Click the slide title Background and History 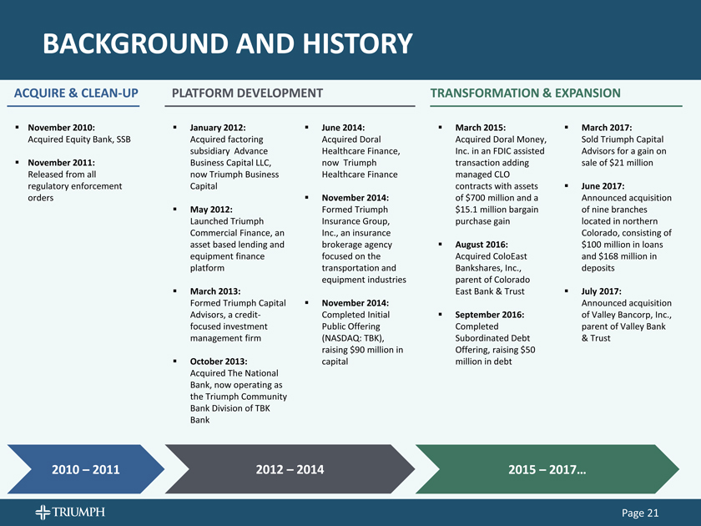(228, 43)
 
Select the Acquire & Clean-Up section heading (76, 93)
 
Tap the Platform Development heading (247, 93)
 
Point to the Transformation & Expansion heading (525, 93)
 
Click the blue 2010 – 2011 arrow (86, 469)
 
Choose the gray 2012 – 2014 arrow (290, 469)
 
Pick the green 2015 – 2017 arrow (547, 469)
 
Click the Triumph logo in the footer (70, 512)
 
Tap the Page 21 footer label (640, 513)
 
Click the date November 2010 (61, 128)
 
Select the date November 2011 (61, 162)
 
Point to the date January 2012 (218, 128)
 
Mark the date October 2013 (219, 362)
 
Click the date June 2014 (343, 128)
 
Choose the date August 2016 (482, 245)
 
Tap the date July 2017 (602, 291)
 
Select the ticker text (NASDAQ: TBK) (353, 338)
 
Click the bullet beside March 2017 (567, 128)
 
